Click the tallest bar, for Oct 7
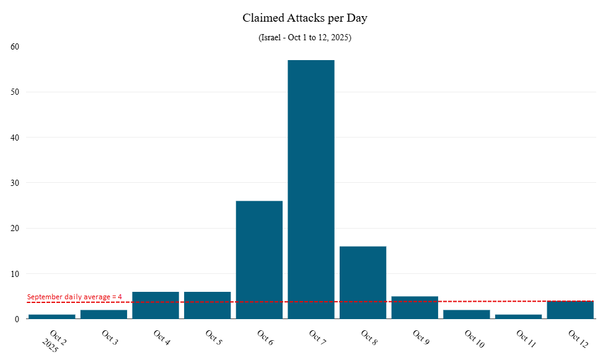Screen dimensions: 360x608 (x=311, y=189)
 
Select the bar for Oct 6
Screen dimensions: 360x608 (x=259, y=260)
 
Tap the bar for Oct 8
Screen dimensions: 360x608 (x=363, y=283)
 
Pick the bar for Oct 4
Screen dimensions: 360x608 (x=156, y=305)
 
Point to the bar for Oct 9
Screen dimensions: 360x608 (x=415, y=308)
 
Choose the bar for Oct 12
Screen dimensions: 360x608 (x=570, y=310)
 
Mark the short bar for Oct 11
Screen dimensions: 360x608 (x=518, y=317)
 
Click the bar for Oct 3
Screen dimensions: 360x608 (x=104, y=314)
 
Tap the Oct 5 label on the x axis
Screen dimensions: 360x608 (x=214, y=338)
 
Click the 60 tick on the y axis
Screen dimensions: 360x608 (x=15, y=46)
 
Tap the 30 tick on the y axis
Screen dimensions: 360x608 (x=15, y=183)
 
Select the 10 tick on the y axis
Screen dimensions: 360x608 (x=15, y=274)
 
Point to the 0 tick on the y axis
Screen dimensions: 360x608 (x=17, y=319)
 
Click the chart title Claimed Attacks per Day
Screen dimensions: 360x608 (x=305, y=18)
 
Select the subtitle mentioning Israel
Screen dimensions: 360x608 (x=305, y=38)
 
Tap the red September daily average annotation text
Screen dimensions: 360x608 (x=74, y=297)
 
